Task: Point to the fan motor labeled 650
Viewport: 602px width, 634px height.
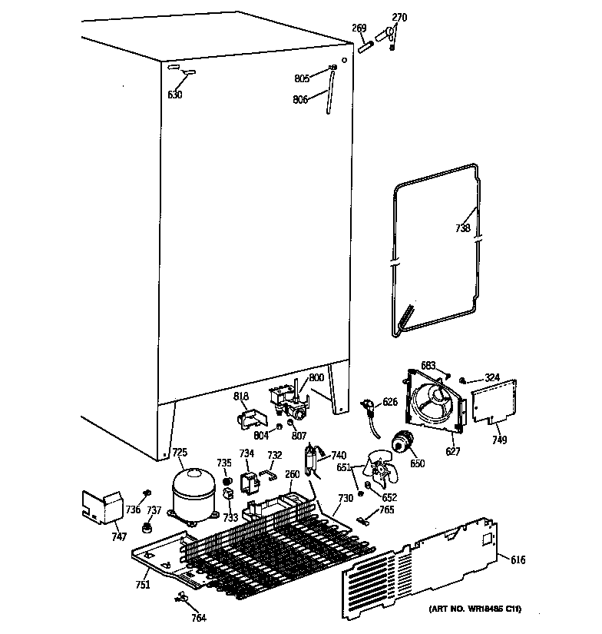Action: tap(401, 443)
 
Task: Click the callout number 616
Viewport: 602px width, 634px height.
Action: tap(518, 560)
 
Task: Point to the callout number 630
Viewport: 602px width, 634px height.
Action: tap(175, 95)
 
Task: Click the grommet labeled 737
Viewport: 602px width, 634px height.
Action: tap(146, 527)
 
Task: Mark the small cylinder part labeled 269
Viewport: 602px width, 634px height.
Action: tap(366, 46)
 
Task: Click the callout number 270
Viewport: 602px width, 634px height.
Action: tap(399, 17)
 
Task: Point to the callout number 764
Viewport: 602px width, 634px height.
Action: tap(199, 617)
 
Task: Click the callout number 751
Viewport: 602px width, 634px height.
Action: tap(144, 586)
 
